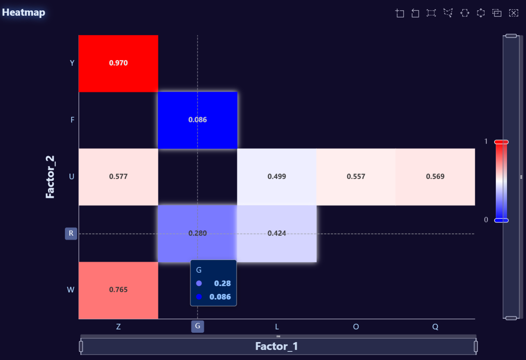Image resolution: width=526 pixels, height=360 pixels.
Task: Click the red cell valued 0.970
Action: click(118, 63)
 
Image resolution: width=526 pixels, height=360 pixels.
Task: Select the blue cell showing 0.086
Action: click(197, 120)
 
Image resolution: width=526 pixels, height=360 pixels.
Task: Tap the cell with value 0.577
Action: click(118, 176)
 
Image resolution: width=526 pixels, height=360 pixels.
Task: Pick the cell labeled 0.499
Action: click(276, 176)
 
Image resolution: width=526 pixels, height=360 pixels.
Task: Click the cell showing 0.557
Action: click(356, 176)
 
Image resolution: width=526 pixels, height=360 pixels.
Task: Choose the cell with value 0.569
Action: click(435, 176)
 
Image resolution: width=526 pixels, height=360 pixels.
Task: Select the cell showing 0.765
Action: click(118, 290)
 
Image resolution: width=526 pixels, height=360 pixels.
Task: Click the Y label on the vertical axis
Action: click(72, 63)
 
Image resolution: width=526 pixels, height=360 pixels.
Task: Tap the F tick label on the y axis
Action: click(72, 120)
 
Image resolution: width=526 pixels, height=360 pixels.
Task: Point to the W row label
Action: click(71, 290)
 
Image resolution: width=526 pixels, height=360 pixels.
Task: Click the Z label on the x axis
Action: click(118, 327)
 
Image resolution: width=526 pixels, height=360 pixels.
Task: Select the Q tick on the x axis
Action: click(435, 327)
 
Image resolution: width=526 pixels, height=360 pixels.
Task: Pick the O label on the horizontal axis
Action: click(356, 327)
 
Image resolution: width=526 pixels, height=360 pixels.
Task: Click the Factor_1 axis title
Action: click(276, 346)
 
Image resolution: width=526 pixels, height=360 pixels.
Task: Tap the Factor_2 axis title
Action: click(50, 176)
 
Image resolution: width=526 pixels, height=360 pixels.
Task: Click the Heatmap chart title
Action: click(24, 12)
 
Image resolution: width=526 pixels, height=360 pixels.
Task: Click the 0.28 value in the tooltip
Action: click(222, 284)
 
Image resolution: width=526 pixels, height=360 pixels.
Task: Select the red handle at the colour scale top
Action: click(501, 142)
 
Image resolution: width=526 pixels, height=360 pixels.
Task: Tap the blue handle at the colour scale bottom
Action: click(501, 220)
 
